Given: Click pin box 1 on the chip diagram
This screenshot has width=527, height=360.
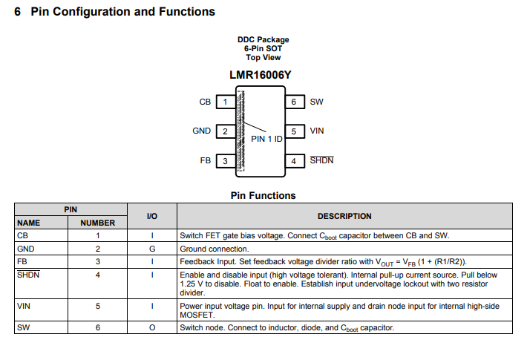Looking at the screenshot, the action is pos(226,102).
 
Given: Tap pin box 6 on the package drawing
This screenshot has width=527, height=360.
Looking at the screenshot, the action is pos(295,102).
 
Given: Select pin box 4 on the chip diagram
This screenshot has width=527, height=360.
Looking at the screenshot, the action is pos(295,161).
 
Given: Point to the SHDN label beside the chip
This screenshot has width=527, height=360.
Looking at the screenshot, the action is pos(321,160).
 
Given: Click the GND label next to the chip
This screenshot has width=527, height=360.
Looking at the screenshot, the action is pos(202,131).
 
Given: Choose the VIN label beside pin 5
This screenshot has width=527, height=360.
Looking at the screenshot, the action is pos(317,131).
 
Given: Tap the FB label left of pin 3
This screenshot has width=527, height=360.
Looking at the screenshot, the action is pos(206,160).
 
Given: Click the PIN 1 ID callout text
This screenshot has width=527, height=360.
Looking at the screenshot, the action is pos(266,139).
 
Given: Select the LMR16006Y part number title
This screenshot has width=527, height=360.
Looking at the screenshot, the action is pos(260,75).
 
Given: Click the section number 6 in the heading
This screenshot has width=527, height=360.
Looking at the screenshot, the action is pos(18,12).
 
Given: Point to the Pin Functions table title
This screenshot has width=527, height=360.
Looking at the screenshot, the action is pos(263,196).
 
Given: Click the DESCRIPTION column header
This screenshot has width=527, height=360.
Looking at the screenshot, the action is pos(344,216).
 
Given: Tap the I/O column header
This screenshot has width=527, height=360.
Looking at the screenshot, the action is pos(152,216).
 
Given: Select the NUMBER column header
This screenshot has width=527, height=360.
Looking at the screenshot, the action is pos(97,223).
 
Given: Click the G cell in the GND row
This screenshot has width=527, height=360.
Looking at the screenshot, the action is pos(152,249).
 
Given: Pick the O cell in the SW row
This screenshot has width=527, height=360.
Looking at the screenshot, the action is pos(152,327).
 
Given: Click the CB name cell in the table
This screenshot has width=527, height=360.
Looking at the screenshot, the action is pos(22,235).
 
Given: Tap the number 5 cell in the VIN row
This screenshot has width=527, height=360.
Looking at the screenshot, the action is pos(98,307).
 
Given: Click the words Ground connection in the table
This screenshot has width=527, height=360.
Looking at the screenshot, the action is pos(214,249).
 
